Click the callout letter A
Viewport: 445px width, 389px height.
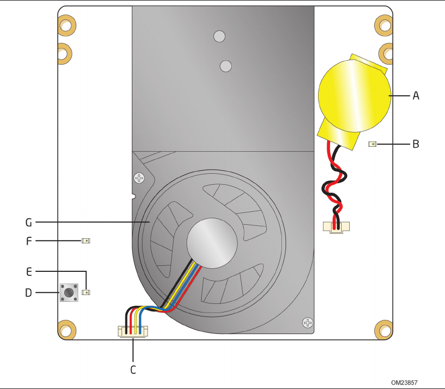(x=416, y=96)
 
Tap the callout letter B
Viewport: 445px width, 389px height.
(x=416, y=144)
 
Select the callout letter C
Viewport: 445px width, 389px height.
(x=133, y=370)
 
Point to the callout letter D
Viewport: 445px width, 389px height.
(x=29, y=293)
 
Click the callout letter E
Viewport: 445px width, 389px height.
(x=29, y=272)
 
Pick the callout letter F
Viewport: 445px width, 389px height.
(x=29, y=241)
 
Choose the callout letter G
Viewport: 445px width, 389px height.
(x=29, y=222)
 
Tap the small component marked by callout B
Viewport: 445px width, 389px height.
(x=372, y=144)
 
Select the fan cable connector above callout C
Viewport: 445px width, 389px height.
(x=133, y=331)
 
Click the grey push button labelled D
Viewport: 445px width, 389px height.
(x=69, y=292)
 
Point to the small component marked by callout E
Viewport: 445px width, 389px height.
(x=86, y=292)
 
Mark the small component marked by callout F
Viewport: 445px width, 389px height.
(x=86, y=241)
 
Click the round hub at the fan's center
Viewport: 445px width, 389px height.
(x=212, y=243)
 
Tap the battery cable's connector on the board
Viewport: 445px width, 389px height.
(x=336, y=227)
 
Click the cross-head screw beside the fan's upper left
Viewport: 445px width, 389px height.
(x=139, y=178)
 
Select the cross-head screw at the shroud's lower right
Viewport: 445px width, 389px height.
(x=308, y=322)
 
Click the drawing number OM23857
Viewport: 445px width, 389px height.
(x=404, y=383)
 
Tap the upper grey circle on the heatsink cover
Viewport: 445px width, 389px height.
(x=219, y=37)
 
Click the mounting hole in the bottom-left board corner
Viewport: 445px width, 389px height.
(x=67, y=329)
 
